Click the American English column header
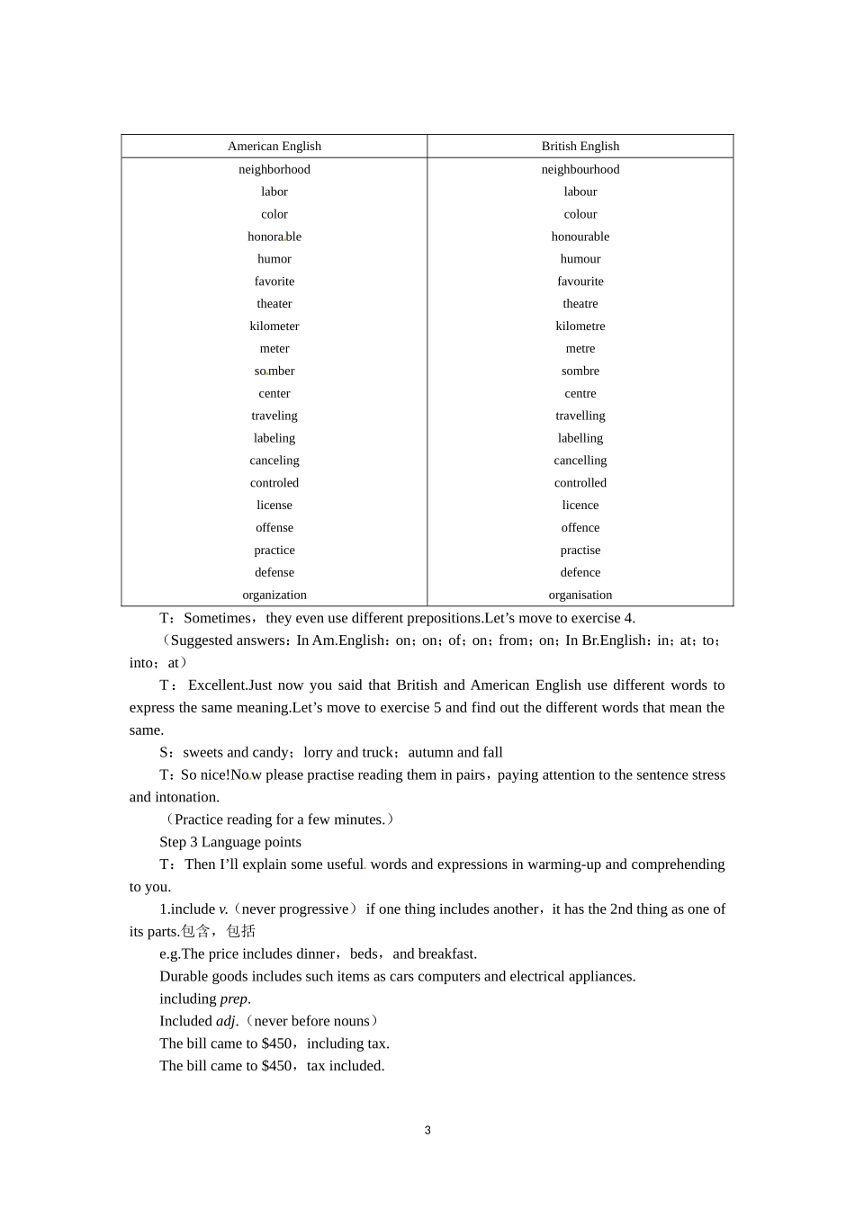274,146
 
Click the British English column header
580,146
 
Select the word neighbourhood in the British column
580,169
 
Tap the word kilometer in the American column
274,326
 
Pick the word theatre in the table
580,303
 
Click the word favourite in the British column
580,281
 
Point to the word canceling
274,460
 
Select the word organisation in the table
580,595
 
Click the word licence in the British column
580,505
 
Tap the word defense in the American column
274,572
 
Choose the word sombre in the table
580,371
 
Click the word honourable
580,237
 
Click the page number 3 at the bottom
427,1130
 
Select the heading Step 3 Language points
230,842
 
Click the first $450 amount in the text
276,1043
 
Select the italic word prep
233,999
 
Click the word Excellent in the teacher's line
217,685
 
